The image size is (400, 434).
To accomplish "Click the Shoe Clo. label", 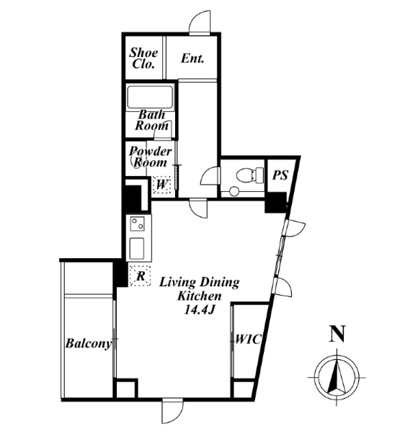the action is click(x=143, y=58).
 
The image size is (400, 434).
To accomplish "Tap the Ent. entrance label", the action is click(x=193, y=58).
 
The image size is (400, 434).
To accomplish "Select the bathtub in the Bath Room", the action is click(x=150, y=97).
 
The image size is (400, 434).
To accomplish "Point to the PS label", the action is click(x=280, y=175).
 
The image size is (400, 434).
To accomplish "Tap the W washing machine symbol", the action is click(x=161, y=185).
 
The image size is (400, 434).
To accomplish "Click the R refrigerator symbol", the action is click(x=141, y=275).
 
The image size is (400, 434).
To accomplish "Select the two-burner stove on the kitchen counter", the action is click(x=137, y=223).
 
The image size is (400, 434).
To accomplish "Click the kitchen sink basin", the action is click(x=137, y=248).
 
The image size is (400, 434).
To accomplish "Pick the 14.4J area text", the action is click(x=199, y=311).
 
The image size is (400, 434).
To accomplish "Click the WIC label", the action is click(x=248, y=339).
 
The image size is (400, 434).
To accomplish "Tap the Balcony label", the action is click(x=89, y=344).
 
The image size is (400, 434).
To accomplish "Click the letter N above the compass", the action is click(x=337, y=334).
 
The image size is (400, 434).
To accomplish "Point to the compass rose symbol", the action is click(x=337, y=377).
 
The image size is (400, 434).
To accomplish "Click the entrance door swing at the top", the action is click(x=200, y=22).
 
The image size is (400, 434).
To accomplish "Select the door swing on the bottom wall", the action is click(x=173, y=411).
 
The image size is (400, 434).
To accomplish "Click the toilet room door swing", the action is click(x=210, y=175).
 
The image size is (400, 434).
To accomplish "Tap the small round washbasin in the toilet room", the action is click(x=234, y=191).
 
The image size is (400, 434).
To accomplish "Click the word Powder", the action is click(x=151, y=151).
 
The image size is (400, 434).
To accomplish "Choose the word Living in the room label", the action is click(x=178, y=283).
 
